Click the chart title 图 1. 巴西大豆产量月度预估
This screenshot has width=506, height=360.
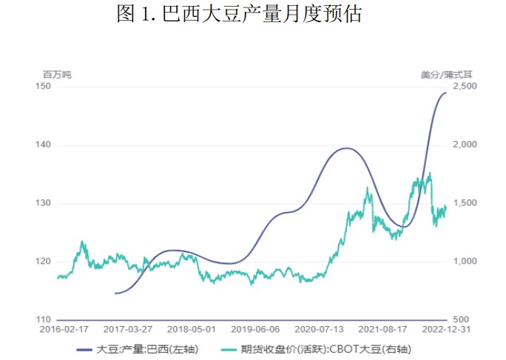(x=239, y=14)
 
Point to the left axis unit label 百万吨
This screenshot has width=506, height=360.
(x=57, y=74)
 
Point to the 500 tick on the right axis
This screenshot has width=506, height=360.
(x=460, y=320)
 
